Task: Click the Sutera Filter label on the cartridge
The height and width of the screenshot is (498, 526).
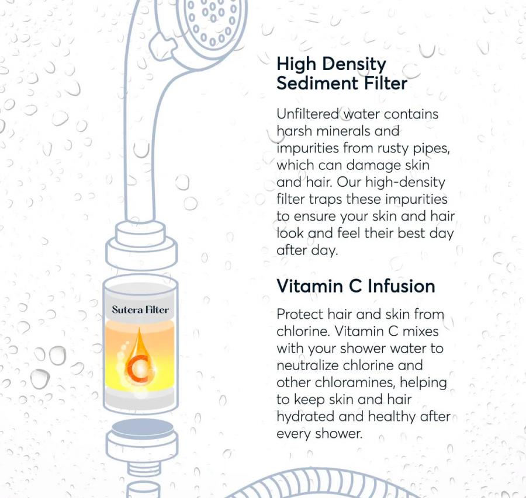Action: [140, 309]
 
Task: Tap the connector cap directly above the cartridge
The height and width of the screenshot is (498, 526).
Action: [141, 248]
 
